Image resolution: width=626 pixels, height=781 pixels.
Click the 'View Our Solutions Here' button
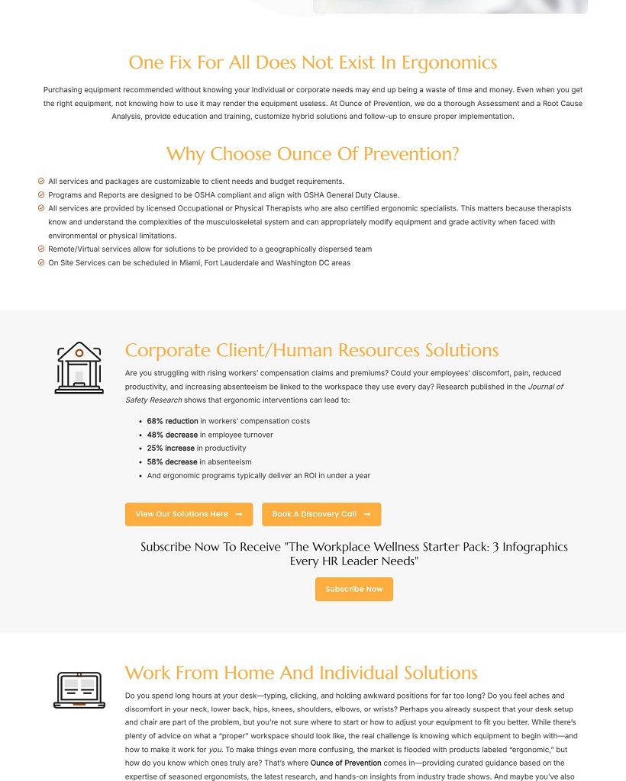(189, 514)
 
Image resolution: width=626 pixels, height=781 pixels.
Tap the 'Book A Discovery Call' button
(321, 514)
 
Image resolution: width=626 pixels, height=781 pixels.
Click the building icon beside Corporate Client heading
(79, 368)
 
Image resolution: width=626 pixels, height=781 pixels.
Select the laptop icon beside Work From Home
(79, 689)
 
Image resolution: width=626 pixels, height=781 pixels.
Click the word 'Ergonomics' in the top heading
(449, 63)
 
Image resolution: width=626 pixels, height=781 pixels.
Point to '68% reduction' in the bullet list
(173, 421)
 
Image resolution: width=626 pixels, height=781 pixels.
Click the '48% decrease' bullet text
(173, 435)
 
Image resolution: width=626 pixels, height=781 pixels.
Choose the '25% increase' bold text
(171, 448)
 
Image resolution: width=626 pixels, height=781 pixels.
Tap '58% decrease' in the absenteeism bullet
(173, 462)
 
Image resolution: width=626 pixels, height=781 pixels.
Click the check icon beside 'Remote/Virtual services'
(41, 249)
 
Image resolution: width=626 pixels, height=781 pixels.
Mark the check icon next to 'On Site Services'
(41, 262)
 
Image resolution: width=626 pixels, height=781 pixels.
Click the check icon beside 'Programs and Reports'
(41, 194)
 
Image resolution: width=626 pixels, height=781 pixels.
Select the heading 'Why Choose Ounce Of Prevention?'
(313, 154)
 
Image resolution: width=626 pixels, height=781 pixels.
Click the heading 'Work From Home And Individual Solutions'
(301, 673)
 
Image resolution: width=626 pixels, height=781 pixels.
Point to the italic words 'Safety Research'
(154, 400)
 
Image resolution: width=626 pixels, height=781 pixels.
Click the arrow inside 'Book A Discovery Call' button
(367, 514)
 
